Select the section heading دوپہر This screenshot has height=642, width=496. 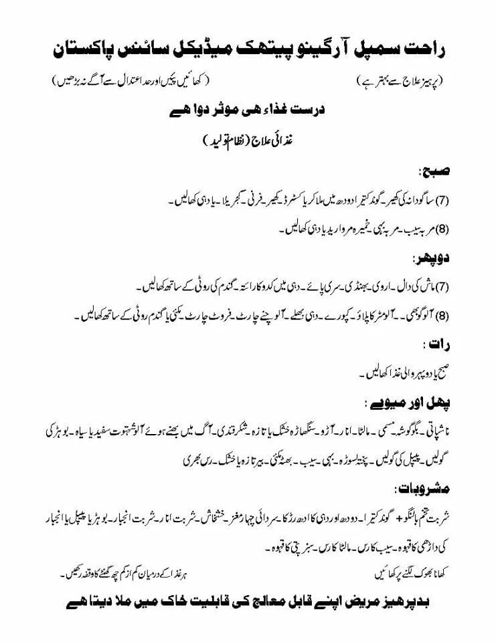click(x=432, y=258)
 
